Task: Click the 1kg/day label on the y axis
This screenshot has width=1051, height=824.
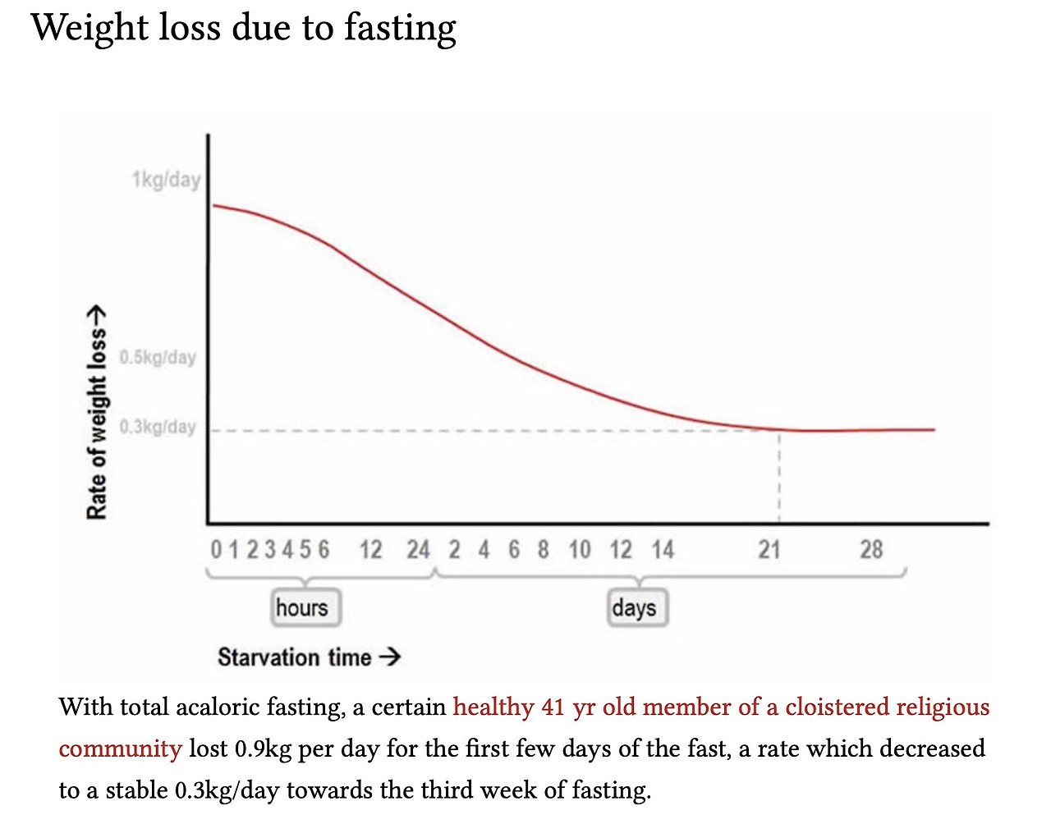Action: pos(166,179)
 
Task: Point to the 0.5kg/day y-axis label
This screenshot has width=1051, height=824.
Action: pos(158,357)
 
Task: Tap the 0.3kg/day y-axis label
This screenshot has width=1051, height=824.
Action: pos(158,427)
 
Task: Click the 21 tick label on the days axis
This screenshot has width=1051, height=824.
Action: pos(769,549)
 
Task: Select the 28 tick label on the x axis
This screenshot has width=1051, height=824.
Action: pos(871,549)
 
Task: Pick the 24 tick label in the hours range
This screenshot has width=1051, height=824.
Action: pos(418,549)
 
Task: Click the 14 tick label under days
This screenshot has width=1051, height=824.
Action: pos(663,549)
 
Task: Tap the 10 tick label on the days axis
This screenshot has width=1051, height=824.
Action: pos(580,549)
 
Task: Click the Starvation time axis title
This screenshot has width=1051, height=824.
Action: pos(295,657)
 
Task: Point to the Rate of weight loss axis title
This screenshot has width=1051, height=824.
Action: pos(97,414)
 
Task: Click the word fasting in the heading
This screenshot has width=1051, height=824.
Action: pos(400,28)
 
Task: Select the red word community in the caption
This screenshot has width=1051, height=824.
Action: pos(120,748)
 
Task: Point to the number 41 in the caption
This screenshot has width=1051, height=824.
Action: pos(553,707)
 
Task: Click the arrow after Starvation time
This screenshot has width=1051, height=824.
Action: pos(391,657)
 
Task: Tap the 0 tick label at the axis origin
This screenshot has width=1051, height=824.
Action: pos(216,549)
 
